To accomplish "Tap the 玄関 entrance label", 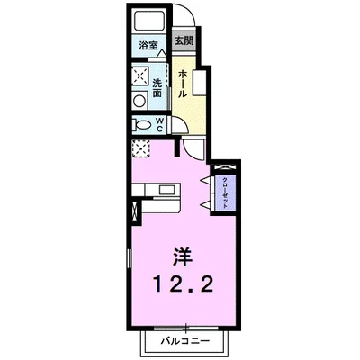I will click(184, 41).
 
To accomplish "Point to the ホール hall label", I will click(182, 83).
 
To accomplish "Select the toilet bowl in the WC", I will click(142, 126).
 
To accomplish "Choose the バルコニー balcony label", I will click(186, 343).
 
